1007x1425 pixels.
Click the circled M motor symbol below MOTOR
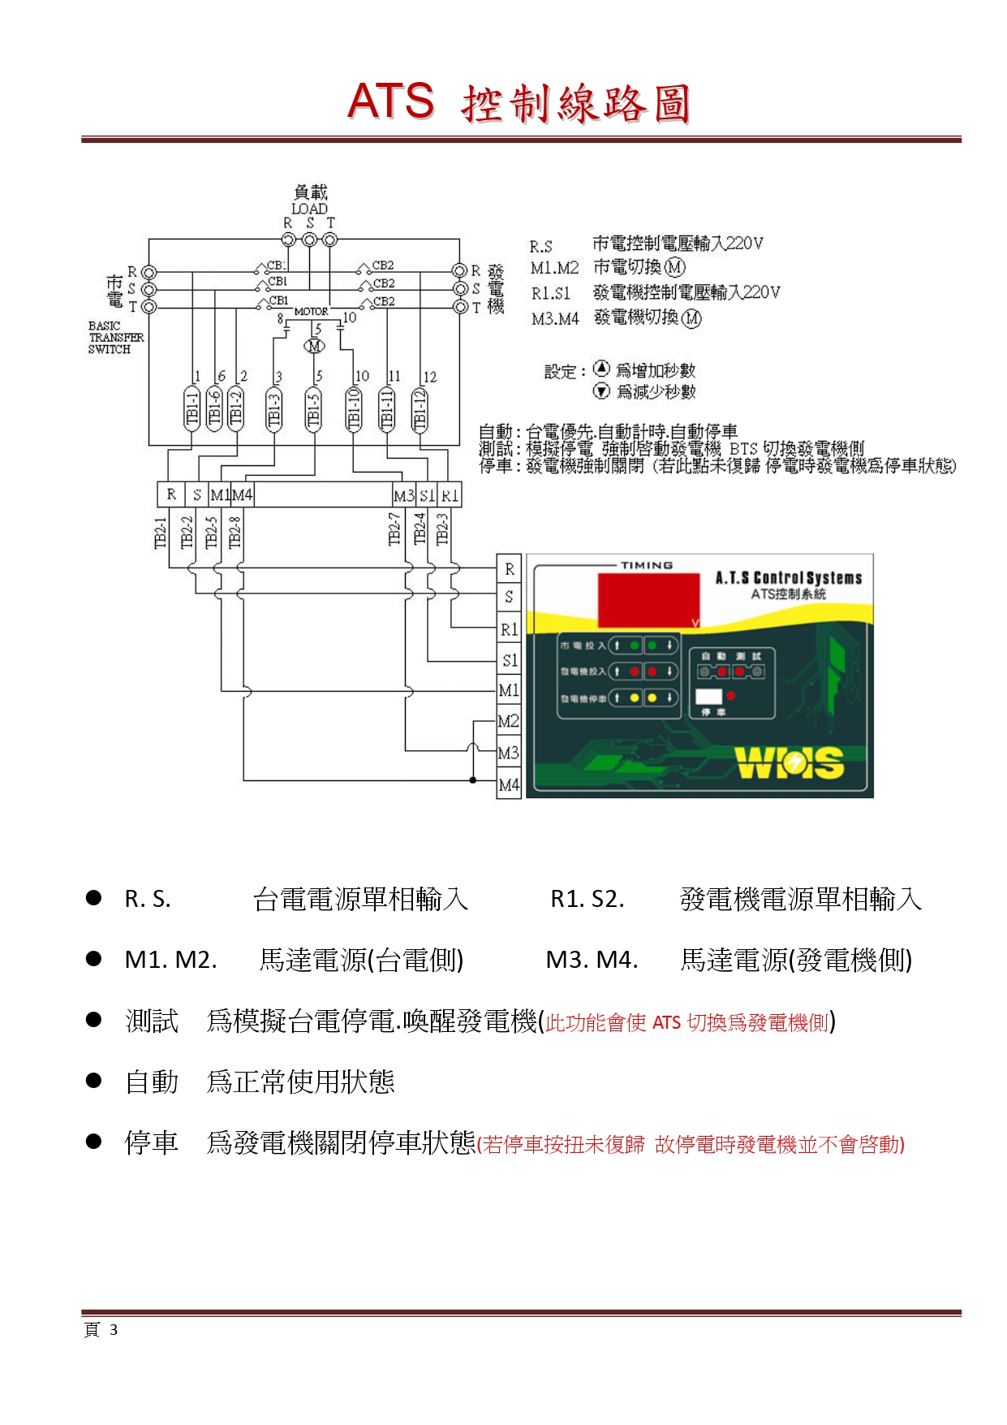(314, 346)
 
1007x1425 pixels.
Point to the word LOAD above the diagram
(309, 209)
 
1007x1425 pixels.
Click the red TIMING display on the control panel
(648, 599)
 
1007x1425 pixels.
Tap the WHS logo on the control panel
(789, 762)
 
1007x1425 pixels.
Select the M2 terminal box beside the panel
(509, 722)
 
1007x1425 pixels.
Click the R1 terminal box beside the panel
(509, 629)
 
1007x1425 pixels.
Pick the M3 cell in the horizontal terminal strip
(403, 495)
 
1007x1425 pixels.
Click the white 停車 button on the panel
(708, 697)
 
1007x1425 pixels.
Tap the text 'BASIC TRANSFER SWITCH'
(115, 338)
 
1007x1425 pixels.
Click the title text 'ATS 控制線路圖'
(519, 103)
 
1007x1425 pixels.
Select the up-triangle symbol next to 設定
(601, 369)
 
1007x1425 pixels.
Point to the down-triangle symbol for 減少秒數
(601, 391)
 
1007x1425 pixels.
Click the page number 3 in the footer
(114, 1330)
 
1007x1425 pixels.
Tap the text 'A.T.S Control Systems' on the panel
(788, 578)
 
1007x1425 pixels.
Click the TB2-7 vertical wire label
(395, 529)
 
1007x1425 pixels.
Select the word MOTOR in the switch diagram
(311, 312)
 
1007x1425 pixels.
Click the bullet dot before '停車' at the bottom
(94, 1142)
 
